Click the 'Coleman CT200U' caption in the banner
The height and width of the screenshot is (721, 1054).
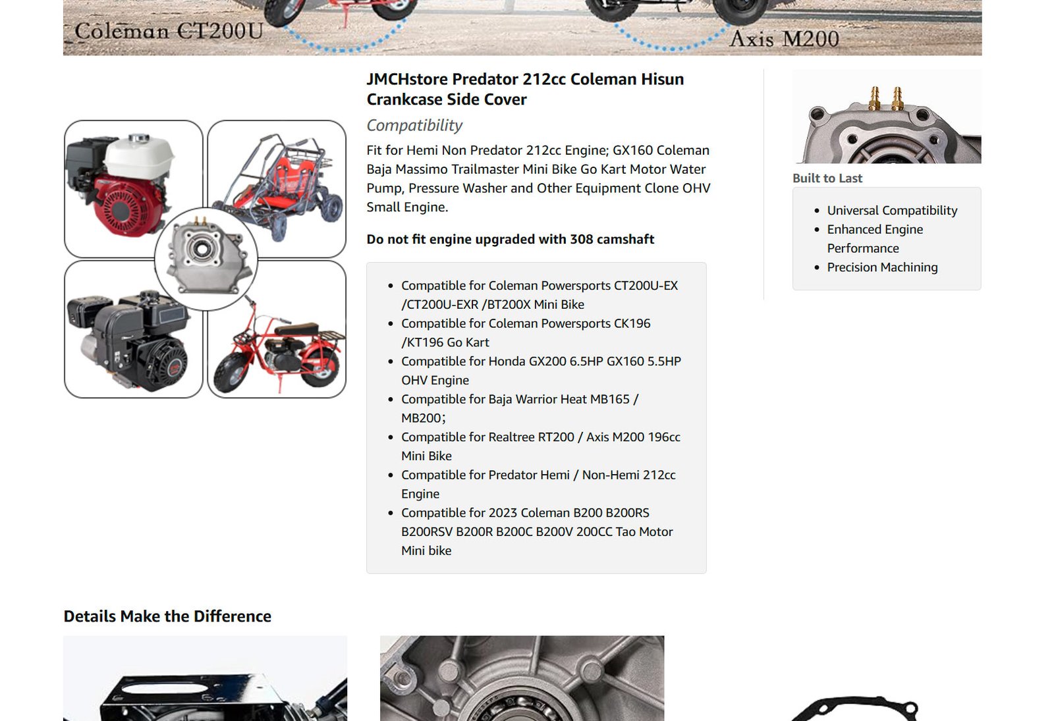click(x=169, y=31)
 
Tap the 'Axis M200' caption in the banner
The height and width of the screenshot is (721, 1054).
click(x=784, y=39)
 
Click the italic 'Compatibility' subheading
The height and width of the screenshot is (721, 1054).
click(x=414, y=125)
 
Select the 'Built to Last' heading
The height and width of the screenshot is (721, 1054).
click(x=827, y=178)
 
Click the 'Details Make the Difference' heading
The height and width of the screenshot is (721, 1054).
click(x=167, y=616)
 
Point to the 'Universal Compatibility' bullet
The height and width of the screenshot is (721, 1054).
click(x=892, y=210)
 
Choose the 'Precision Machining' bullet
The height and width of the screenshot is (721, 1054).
click(x=882, y=267)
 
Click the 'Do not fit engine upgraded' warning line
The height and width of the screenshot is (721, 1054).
click(x=510, y=239)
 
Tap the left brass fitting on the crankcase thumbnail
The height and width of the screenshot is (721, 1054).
click(x=875, y=98)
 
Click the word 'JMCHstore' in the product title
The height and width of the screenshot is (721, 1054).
click(x=408, y=79)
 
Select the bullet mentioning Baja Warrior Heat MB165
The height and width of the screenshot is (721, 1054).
click(x=520, y=408)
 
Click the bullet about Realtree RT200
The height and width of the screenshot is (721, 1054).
click(x=541, y=446)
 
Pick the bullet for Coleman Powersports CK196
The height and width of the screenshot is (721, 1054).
click(x=526, y=333)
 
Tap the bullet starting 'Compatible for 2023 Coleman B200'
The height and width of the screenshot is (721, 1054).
click(x=537, y=531)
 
